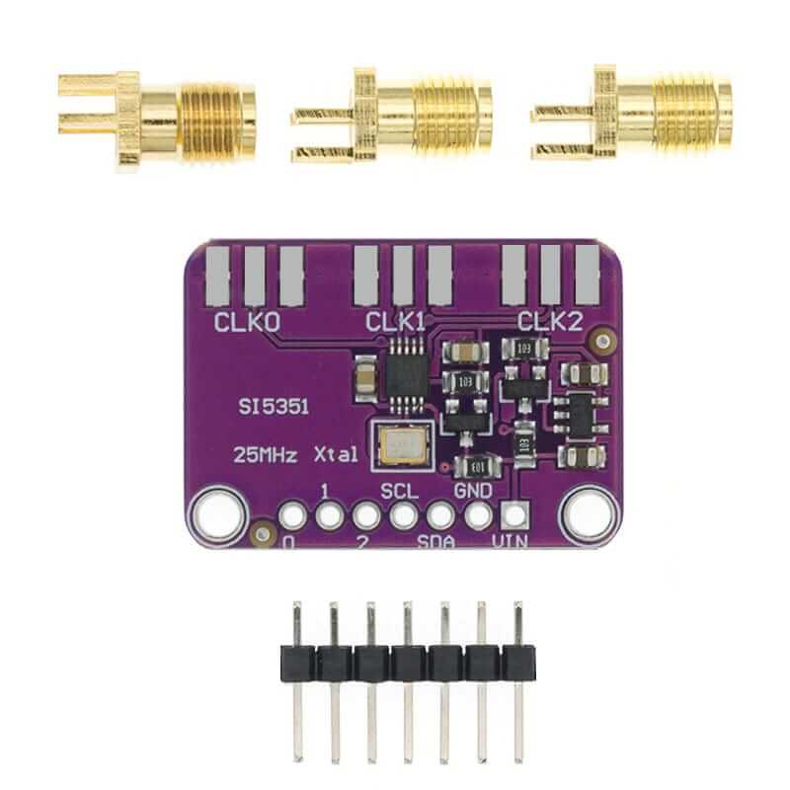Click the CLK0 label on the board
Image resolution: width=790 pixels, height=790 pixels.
247,321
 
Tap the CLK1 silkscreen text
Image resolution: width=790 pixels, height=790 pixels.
395,321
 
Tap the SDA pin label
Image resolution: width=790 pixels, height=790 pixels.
437,542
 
